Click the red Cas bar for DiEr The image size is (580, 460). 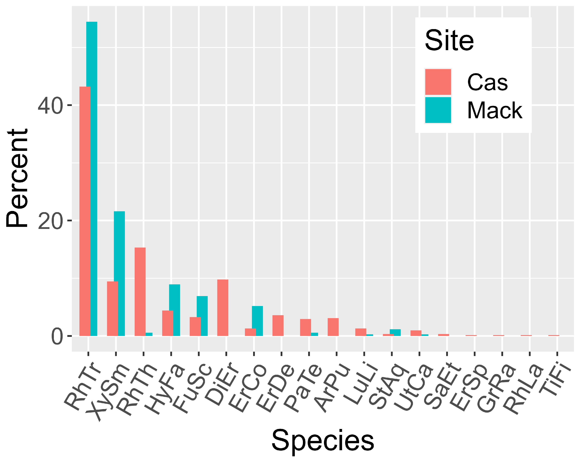coord(223,308)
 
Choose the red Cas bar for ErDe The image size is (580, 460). coord(278,326)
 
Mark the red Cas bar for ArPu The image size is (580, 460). coord(333,327)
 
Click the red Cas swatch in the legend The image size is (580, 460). coord(438,82)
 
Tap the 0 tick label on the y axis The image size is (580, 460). coord(57,336)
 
